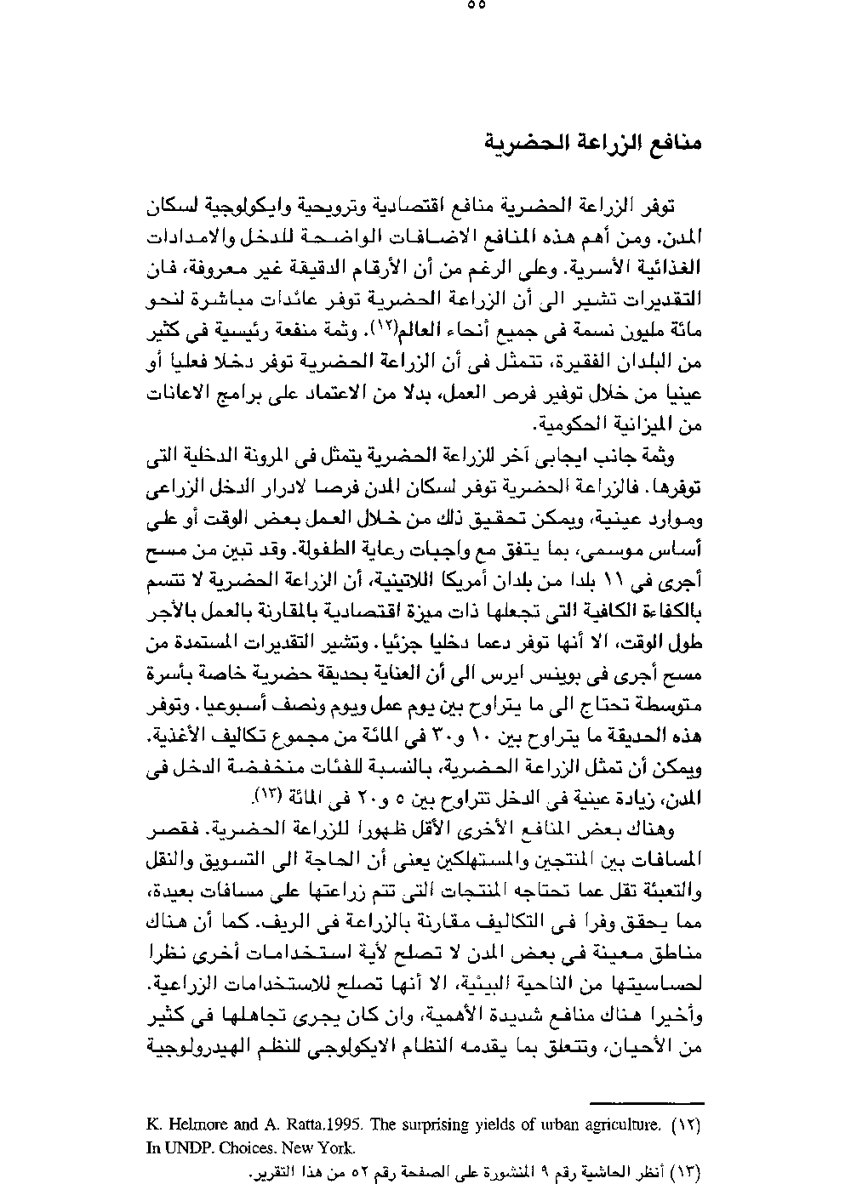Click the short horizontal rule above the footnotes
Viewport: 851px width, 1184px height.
point(661,1101)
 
